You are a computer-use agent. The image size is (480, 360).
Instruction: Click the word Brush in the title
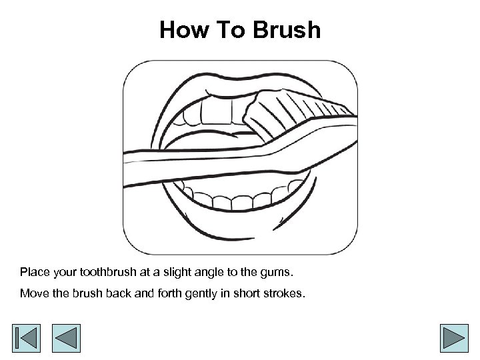point(287,30)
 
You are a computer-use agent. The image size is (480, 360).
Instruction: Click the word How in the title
point(185,30)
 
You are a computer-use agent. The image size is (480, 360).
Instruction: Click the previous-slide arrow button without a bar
point(66,338)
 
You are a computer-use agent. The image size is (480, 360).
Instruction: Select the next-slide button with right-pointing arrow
point(454,338)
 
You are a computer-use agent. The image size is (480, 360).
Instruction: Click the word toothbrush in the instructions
point(108,272)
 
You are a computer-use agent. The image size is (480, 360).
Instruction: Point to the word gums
point(277,273)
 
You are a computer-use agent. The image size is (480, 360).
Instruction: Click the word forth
point(169,293)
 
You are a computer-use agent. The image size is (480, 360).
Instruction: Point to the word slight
point(177,273)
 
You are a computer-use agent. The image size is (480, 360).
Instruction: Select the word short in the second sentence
point(247,293)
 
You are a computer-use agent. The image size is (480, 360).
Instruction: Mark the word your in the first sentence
point(65,273)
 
